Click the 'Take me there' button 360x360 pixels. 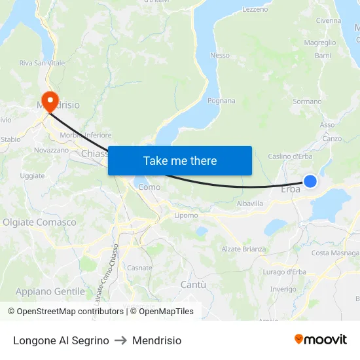[180, 160]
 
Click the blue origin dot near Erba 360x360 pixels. [310, 181]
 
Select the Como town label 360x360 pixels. [149, 187]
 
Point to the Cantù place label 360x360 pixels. [193, 285]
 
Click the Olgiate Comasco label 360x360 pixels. [39, 223]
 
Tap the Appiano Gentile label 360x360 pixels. [41, 291]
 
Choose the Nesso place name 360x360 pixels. [220, 56]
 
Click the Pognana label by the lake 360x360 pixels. [221, 101]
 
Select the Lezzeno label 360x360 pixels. [255, 9]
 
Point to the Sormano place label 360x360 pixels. [307, 101]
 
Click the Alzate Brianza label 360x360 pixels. [244, 249]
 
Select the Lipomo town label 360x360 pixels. [187, 215]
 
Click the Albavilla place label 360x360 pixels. [250, 204]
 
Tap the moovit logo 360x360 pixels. [320, 340]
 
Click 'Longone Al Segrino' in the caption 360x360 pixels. [61, 340]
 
